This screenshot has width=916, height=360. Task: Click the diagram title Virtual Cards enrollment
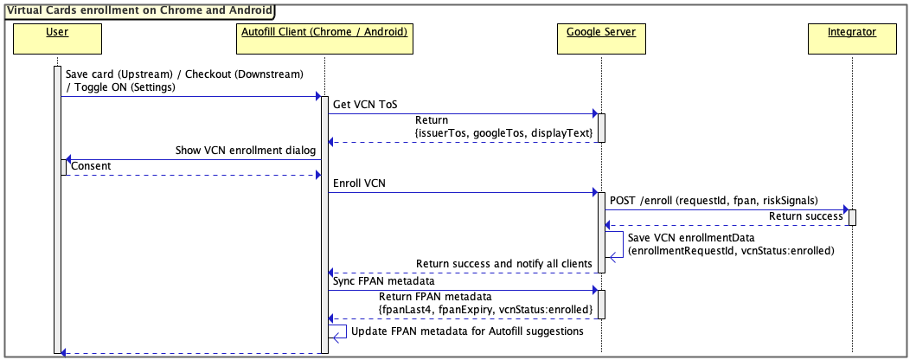[138, 11]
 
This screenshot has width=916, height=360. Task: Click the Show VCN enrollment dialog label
[248, 151]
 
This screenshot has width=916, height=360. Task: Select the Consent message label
[91, 165]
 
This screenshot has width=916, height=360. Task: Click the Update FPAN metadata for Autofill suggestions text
[468, 330]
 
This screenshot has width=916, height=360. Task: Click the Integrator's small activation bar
[852, 216]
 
